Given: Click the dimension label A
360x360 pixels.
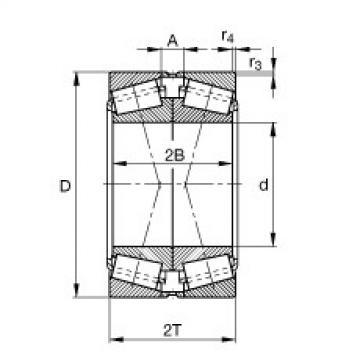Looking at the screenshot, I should coord(174,41).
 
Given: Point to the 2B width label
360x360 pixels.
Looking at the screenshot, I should coord(173,152).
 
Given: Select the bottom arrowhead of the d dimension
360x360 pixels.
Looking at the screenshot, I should coord(276,243).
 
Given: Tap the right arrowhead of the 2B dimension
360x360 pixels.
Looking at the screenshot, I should coord(233,162).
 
